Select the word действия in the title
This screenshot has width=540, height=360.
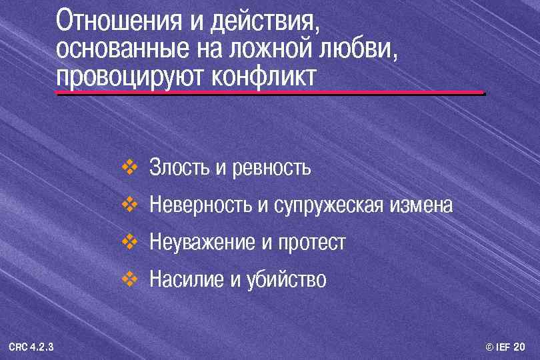pyautogui.click(x=264, y=22)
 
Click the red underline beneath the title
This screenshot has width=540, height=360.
pyautogui.click(x=269, y=92)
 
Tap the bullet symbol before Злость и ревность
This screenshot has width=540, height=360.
pyautogui.click(x=129, y=165)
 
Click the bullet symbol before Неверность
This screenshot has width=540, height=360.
pyautogui.click(x=129, y=202)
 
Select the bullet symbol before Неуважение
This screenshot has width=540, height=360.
pyautogui.click(x=129, y=239)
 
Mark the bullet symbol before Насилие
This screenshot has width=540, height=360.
pyautogui.click(x=129, y=275)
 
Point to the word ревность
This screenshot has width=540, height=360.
pyautogui.click(x=272, y=167)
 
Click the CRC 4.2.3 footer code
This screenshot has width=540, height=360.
pyautogui.click(x=31, y=347)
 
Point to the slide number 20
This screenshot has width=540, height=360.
pyautogui.click(x=519, y=347)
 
